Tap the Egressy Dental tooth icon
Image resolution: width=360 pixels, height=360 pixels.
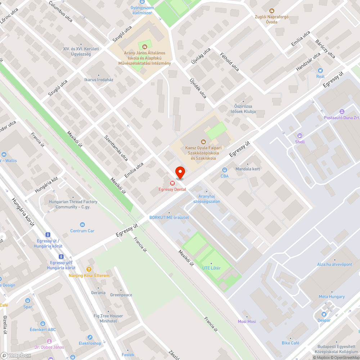point(172,183)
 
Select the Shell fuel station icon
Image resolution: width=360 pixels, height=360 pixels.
point(300,136)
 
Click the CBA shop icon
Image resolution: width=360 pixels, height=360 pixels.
point(225,170)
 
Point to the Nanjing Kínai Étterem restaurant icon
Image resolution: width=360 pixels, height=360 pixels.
point(89,269)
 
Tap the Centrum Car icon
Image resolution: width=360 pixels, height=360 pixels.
point(82,225)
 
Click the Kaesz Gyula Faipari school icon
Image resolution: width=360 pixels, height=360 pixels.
point(203,142)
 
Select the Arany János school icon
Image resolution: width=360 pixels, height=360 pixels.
point(145,46)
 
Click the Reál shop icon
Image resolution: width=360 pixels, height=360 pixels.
point(320,71)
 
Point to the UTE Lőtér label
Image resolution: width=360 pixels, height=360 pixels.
point(211,268)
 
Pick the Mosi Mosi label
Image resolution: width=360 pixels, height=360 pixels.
point(247,321)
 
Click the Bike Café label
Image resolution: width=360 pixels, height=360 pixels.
point(291,343)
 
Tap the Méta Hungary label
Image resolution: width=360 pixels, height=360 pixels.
point(332,297)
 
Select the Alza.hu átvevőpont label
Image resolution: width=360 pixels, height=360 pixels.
point(334,264)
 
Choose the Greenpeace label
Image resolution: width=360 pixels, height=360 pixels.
point(121,295)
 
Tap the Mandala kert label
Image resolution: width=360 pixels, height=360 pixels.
point(247,169)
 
